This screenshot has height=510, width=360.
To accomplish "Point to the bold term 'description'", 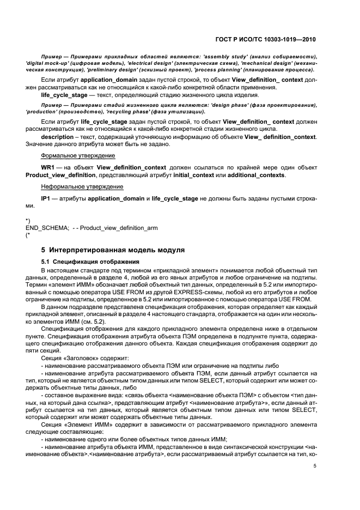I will [x=58, y=137].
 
